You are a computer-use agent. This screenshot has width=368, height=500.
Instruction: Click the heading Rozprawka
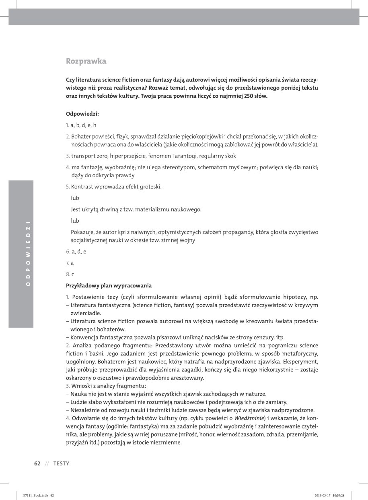click(x=86, y=61)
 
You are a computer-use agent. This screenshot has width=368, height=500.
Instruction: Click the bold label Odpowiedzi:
click(x=80, y=114)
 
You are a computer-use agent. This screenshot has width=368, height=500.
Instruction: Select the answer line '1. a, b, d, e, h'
click(x=81, y=125)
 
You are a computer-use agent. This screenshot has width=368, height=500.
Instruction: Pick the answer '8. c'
click(x=70, y=274)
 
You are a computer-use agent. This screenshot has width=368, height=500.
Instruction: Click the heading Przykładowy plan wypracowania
click(x=109, y=286)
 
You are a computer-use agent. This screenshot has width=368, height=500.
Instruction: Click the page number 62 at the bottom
click(x=37, y=463)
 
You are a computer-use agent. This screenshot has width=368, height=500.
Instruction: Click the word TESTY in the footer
click(x=61, y=463)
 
